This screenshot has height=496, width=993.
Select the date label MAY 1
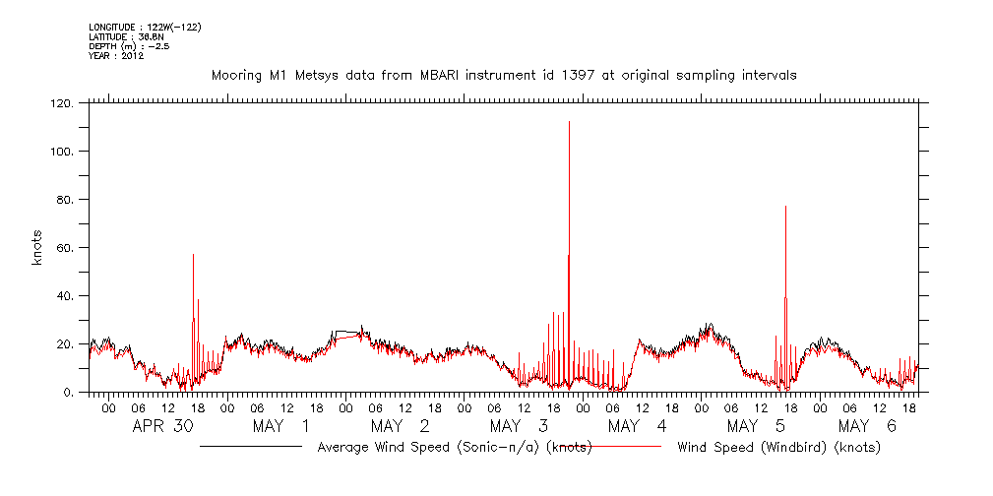(280, 426)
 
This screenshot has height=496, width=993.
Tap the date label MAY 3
(519, 426)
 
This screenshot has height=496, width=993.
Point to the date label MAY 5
(756, 426)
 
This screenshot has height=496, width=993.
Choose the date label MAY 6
(868, 426)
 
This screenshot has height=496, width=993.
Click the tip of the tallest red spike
(569, 122)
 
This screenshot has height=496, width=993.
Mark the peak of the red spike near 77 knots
(785, 207)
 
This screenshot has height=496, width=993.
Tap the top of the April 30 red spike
(193, 255)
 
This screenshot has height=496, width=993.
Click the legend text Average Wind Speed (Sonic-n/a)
(454, 448)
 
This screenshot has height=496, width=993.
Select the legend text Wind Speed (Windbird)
(778, 448)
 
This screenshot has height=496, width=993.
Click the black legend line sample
(251, 447)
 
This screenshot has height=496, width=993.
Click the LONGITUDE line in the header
(145, 27)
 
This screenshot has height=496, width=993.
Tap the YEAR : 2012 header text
(116, 56)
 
